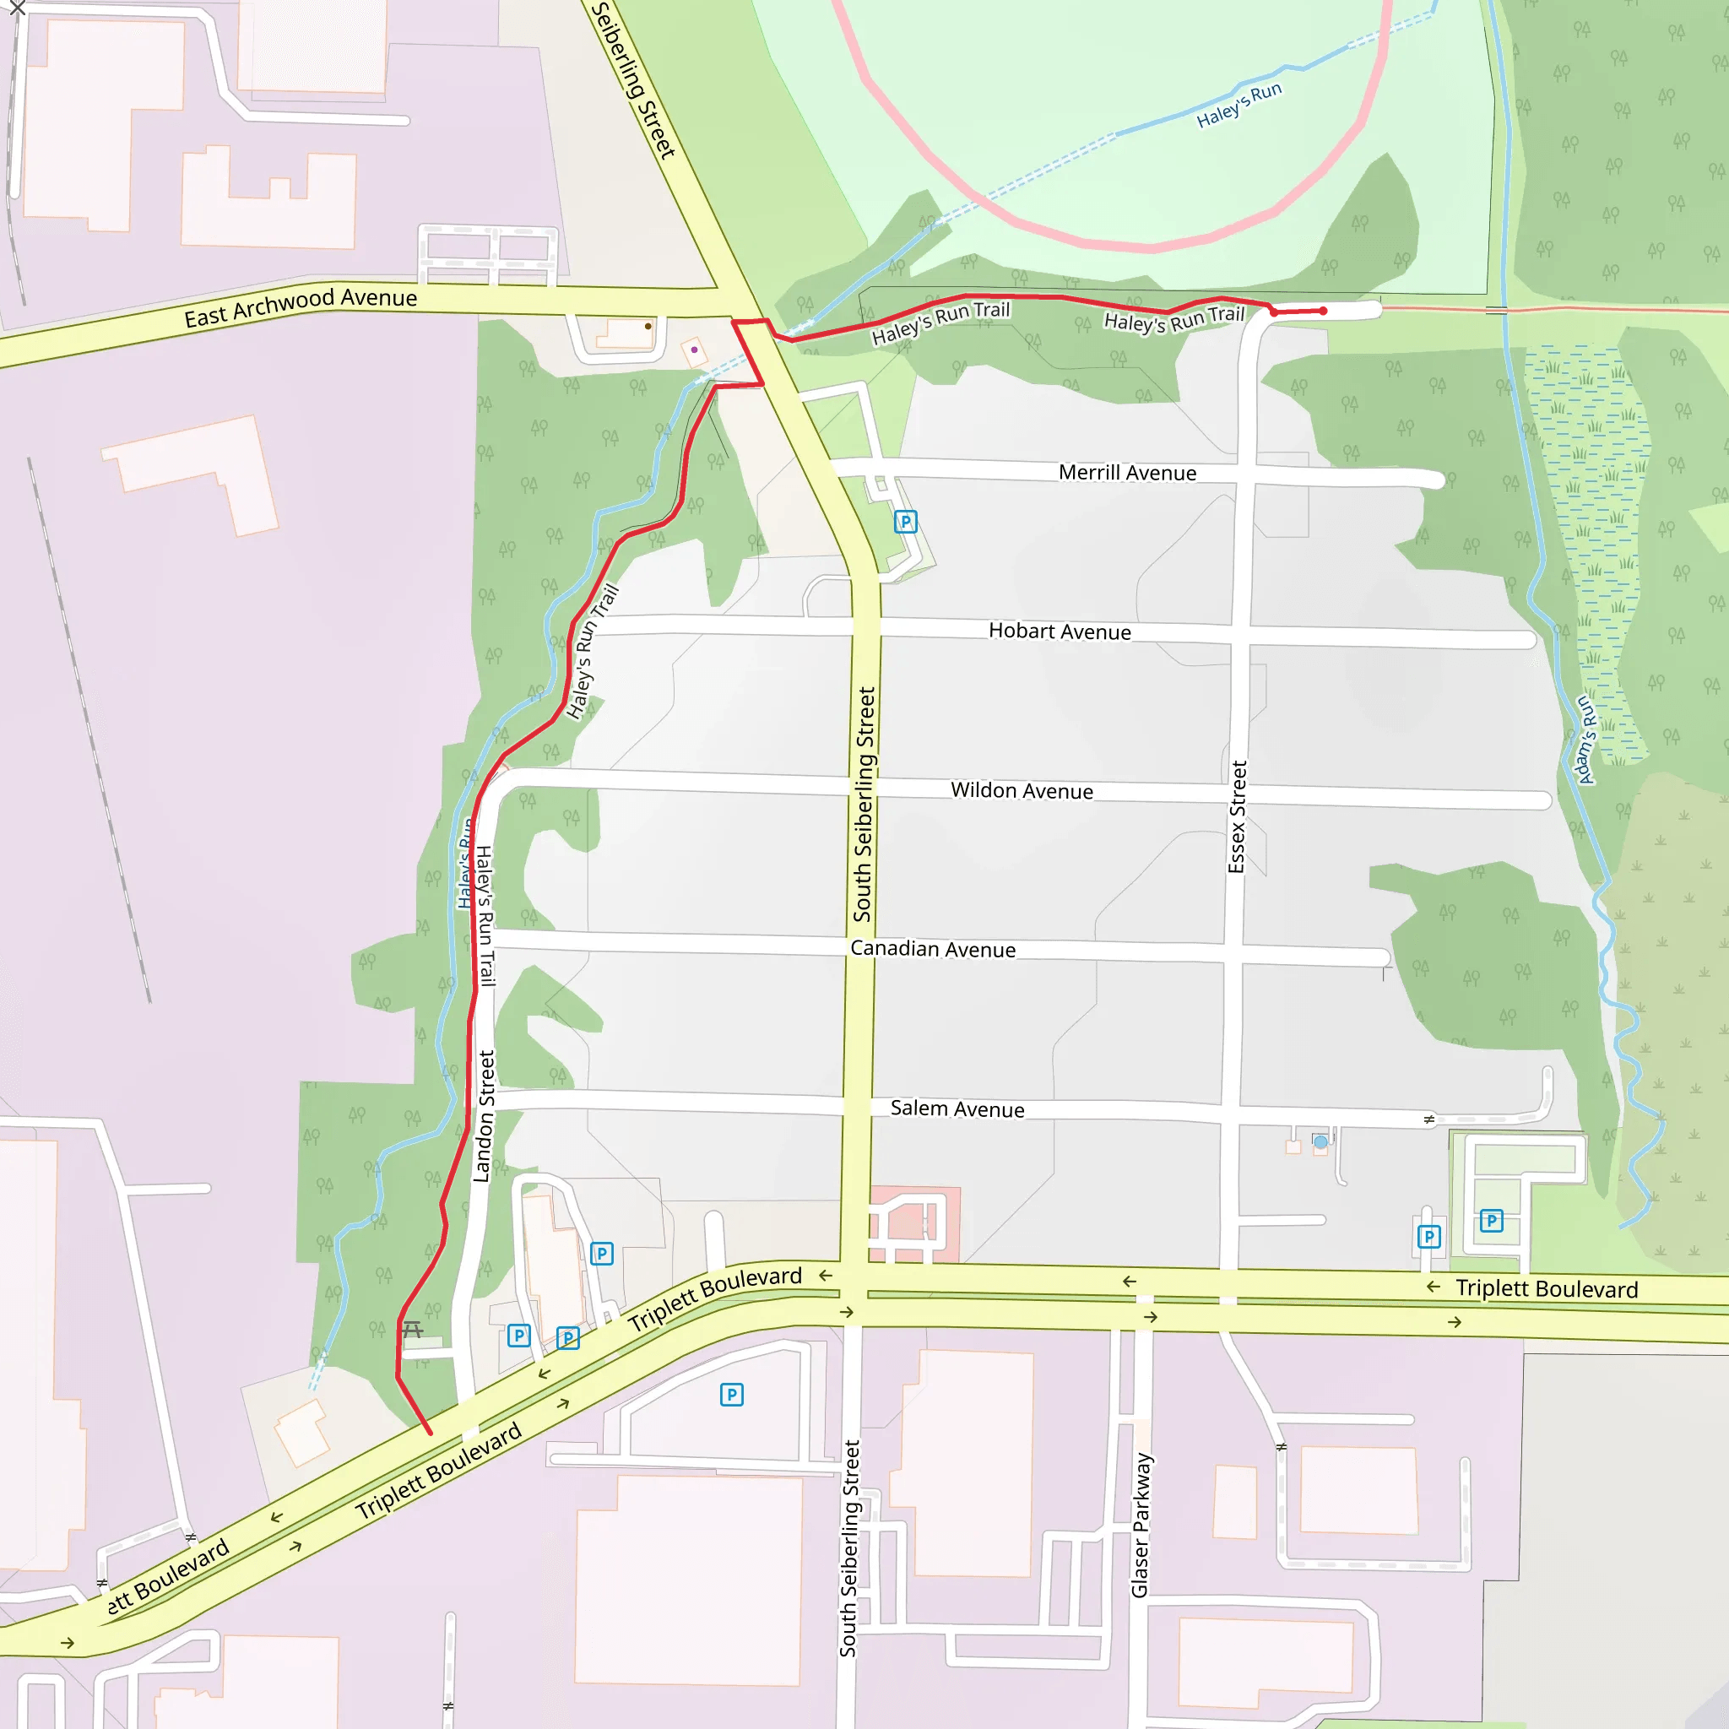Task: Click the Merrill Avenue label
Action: (1127, 473)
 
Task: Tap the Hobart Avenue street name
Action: (1060, 631)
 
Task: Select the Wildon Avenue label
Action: (1022, 790)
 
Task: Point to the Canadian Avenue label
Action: (933, 949)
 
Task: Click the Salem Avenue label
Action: (957, 1108)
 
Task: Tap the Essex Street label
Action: (1237, 816)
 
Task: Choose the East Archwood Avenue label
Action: (301, 307)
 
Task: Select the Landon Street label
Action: (484, 1116)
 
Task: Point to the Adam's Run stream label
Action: (1585, 740)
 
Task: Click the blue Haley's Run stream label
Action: (1238, 105)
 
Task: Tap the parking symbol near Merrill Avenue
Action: (906, 522)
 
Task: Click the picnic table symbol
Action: (413, 1329)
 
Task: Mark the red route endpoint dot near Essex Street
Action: (1324, 311)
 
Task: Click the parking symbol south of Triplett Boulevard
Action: (731, 1395)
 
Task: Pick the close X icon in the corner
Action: (17, 9)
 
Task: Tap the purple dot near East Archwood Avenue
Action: (695, 350)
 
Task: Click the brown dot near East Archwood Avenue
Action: (648, 327)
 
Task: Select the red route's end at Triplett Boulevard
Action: (430, 1432)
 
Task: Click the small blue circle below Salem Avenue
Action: (1320, 1142)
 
